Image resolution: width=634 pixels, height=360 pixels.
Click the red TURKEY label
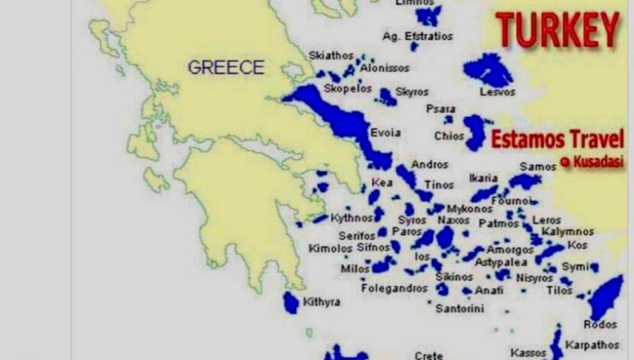tap(557, 29)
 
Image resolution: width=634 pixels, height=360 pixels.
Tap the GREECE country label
tap(226, 67)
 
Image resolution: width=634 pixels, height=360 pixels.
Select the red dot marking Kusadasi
tap(564, 162)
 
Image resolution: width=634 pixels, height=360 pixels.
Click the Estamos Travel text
tap(557, 139)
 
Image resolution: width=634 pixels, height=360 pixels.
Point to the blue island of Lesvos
tap(488, 69)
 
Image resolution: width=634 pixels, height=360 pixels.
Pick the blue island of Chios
tap(475, 131)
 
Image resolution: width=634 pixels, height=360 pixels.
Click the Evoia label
tap(385, 133)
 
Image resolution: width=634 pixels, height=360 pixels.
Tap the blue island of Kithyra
tap(290, 302)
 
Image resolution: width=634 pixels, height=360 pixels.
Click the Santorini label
tap(460, 308)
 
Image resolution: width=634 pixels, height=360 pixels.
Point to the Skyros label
tap(412, 92)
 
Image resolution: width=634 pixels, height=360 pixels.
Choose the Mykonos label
tap(470, 208)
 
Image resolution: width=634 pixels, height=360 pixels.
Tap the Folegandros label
tap(394, 288)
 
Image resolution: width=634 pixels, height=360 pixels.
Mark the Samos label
tap(538, 167)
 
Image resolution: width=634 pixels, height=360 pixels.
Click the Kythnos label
tap(352, 217)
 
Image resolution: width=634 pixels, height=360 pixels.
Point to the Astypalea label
tap(502, 262)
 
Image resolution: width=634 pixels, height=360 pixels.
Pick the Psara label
tap(441, 109)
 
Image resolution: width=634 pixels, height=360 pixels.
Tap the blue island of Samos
tap(524, 181)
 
